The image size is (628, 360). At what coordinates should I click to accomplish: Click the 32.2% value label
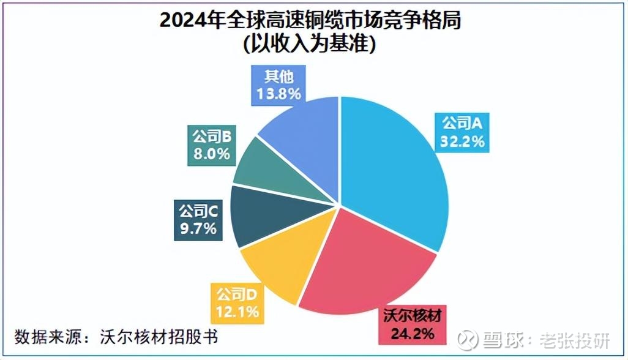point(462,141)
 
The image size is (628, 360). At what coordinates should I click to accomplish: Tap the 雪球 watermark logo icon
point(469,339)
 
